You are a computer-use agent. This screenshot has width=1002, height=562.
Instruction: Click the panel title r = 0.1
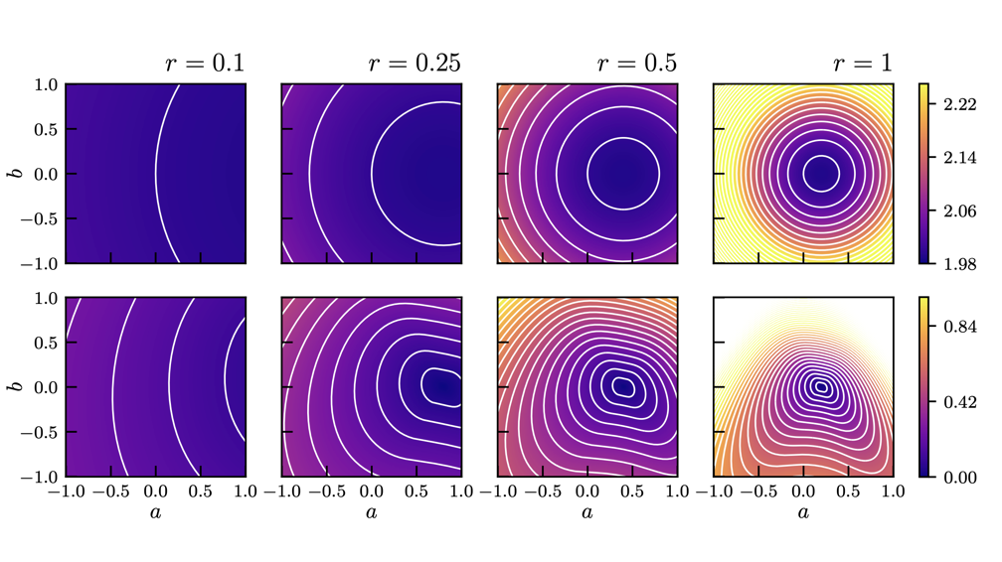(205, 65)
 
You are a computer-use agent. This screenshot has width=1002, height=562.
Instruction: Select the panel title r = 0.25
(414, 65)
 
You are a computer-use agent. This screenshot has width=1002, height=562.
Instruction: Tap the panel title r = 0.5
(636, 65)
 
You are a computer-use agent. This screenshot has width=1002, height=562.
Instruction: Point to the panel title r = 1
(862, 65)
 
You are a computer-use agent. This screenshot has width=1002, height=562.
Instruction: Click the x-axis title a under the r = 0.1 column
(156, 512)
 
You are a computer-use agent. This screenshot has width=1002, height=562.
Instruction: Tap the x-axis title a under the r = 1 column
(803, 512)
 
